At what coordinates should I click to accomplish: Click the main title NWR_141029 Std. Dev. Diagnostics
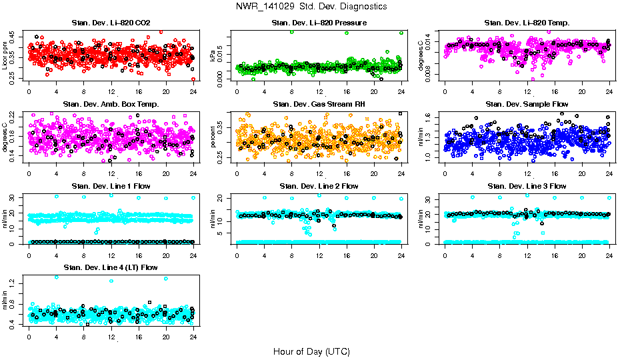coord(311,7)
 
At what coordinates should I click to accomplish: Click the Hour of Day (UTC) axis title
coord(311,351)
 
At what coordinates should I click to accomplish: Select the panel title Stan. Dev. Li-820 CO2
coord(111,23)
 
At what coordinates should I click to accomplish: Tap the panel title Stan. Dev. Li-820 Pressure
coord(319,23)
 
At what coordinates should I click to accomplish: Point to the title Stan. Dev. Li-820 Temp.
coord(527,23)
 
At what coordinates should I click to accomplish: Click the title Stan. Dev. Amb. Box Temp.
coord(111,104)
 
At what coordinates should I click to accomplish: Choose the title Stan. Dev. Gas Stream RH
coord(319,104)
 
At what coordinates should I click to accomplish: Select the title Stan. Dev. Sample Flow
coord(527,104)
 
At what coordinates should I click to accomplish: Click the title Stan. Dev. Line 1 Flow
coord(111,186)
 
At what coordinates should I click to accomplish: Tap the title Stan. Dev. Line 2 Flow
coord(319,186)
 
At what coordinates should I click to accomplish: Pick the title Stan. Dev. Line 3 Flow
coord(527,186)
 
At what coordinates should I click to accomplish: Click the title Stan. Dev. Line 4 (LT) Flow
coord(111,267)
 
